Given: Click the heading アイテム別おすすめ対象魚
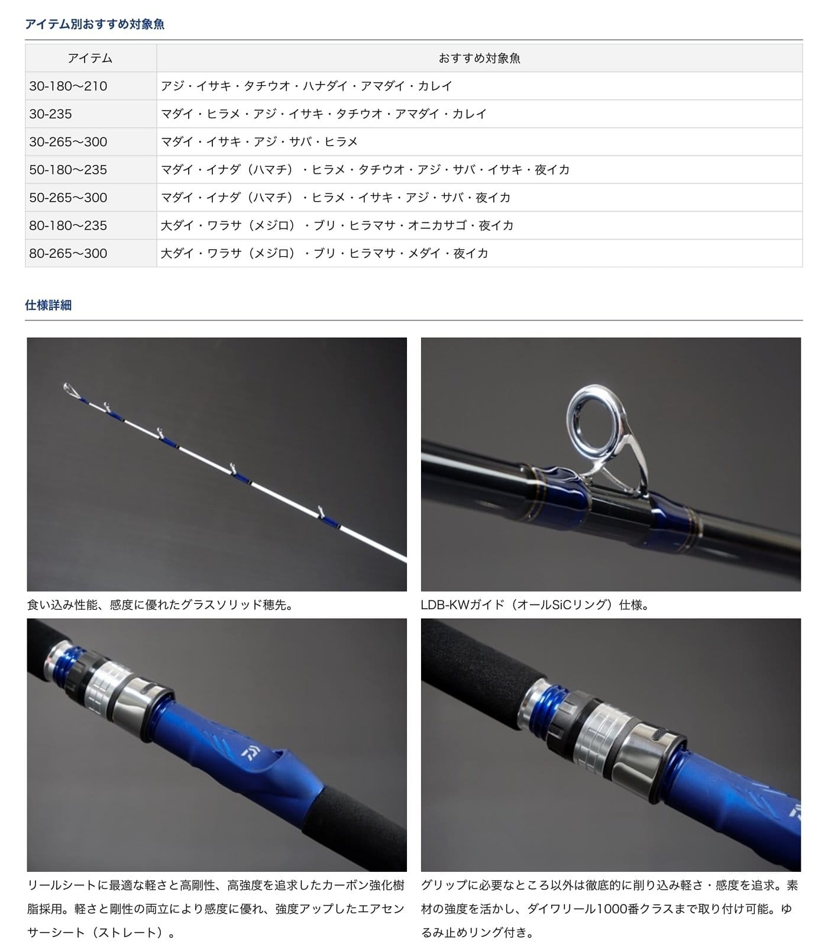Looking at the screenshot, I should point(95,24).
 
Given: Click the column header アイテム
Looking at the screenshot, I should point(90,58).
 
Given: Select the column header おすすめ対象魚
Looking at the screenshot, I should point(479,58).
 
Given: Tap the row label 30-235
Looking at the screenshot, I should point(50,114).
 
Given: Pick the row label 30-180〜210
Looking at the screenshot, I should point(68,86).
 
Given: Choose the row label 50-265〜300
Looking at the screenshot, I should point(68,198).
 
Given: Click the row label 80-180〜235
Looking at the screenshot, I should point(68,225).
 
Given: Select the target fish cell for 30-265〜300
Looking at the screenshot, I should point(259,141).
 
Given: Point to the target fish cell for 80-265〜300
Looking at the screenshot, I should point(324,253).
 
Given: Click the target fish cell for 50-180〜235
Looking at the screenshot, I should point(365,170).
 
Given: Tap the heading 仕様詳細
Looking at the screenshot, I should point(48,305).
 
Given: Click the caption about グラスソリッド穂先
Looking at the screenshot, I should point(160,605).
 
